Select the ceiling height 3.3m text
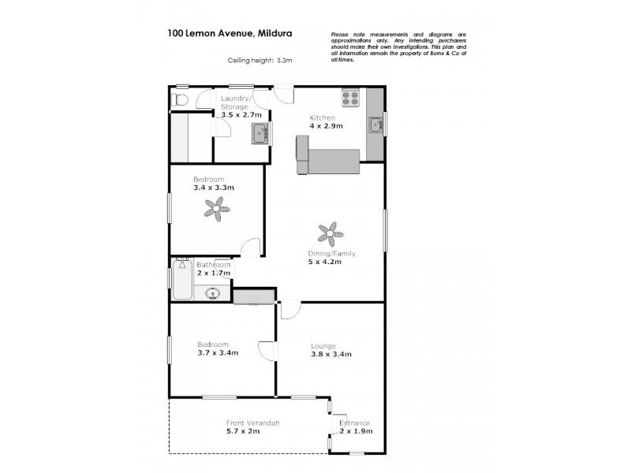pyautogui.click(x=259, y=60)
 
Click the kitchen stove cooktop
pyautogui.click(x=350, y=99)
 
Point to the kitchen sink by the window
pyautogui.click(x=375, y=125)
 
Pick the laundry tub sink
pyautogui.click(x=260, y=134)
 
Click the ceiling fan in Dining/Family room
pyautogui.click(x=331, y=233)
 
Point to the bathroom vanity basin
pyautogui.click(x=212, y=295)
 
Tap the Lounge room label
pyautogui.click(x=323, y=345)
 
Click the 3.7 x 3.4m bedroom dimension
pyautogui.click(x=218, y=352)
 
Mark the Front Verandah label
pyautogui.click(x=253, y=423)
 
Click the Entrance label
pyautogui.click(x=354, y=423)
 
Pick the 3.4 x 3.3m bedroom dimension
pyautogui.click(x=213, y=188)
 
